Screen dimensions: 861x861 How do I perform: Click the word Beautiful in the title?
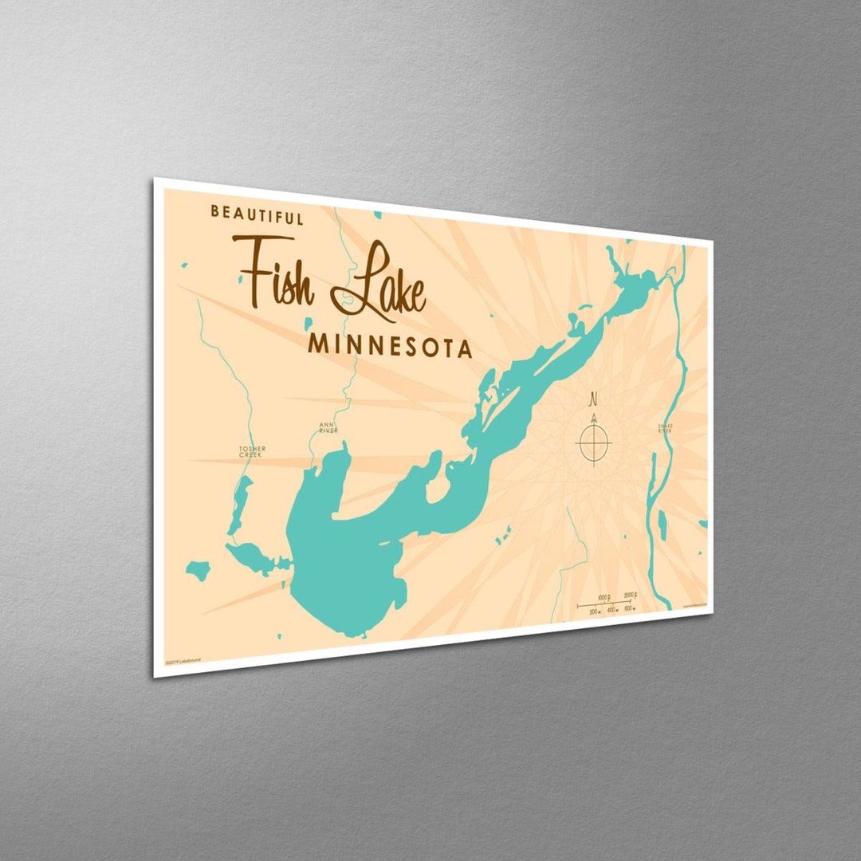(x=257, y=215)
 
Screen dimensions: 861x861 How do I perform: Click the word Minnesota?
(x=390, y=345)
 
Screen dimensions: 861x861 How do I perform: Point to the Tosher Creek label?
(x=252, y=451)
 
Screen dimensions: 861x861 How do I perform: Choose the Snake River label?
(x=665, y=427)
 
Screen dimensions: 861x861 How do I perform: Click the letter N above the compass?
(x=593, y=399)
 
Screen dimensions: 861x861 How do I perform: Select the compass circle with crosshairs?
(x=594, y=443)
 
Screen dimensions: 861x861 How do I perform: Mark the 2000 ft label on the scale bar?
(x=629, y=595)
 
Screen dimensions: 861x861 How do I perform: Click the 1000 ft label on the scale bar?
(x=603, y=597)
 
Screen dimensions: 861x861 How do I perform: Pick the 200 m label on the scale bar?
(x=594, y=611)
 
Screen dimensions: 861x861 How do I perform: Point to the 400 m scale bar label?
(x=611, y=610)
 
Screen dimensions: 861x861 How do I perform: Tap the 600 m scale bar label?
(x=628, y=608)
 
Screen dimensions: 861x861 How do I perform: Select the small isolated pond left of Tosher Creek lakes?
(x=198, y=570)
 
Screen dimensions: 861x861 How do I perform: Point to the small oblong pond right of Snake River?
(x=662, y=524)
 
